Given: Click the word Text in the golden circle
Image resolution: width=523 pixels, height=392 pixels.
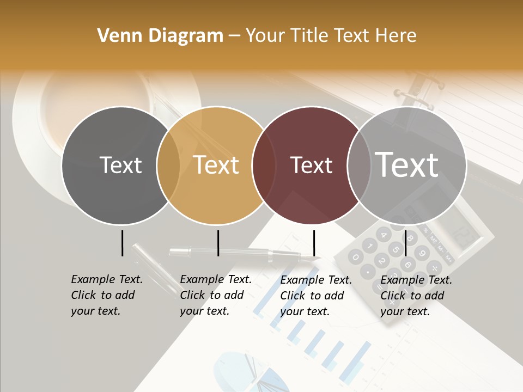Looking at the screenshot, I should click(216, 165).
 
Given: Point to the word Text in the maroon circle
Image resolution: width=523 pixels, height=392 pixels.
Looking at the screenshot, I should click(311, 166).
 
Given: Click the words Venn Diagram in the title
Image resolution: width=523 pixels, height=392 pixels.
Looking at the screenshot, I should click(160, 36).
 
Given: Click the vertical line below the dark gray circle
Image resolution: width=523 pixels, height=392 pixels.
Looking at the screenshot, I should click(122, 243).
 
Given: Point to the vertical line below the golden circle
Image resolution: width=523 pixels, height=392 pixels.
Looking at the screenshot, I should click(218, 243).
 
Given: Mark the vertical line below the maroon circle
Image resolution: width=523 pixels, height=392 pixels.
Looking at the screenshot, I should click(314, 243).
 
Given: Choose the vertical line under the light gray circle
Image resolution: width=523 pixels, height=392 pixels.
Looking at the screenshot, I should click(405, 243).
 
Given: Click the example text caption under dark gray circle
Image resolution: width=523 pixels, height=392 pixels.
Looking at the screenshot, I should click(106, 295).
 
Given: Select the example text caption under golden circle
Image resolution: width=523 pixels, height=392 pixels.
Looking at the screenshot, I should click(215, 295).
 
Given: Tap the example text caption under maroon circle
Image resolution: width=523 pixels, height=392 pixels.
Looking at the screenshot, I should click(315, 296).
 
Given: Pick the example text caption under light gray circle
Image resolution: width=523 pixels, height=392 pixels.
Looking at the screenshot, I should click(416, 296).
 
